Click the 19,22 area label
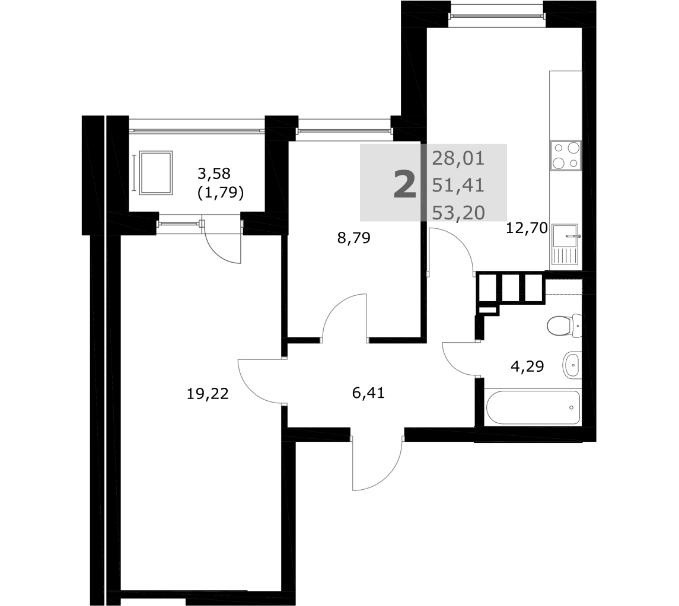point(208,394)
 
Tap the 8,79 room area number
point(354,238)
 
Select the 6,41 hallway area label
point(368,393)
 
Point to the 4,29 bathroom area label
point(527,366)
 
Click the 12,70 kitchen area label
point(527,228)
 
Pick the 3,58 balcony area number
point(214,174)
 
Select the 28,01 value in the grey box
point(458,159)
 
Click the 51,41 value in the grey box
point(458,186)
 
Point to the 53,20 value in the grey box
point(458,213)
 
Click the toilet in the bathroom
point(564,326)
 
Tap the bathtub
point(533,408)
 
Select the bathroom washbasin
point(572,365)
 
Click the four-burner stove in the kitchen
point(566,155)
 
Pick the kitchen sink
point(566,245)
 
